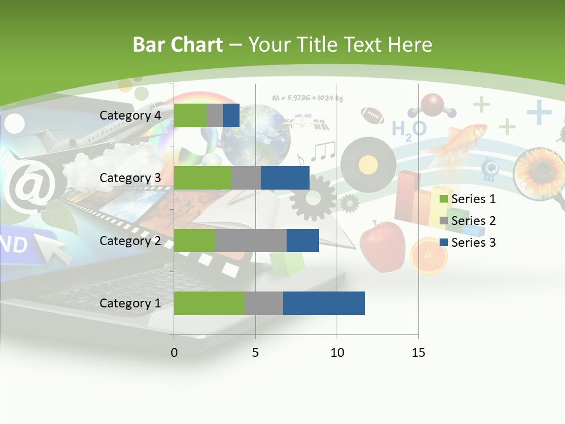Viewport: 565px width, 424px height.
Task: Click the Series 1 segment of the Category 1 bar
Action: point(209,303)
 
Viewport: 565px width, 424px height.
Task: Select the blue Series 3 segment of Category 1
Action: point(324,303)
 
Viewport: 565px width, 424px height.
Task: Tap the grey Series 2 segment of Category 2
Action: point(251,240)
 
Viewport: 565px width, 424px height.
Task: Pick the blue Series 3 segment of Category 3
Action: point(285,178)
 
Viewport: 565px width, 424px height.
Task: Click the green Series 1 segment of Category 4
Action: point(190,115)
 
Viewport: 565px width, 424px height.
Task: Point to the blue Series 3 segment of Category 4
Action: point(231,115)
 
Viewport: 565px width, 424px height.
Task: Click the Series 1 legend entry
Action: point(468,199)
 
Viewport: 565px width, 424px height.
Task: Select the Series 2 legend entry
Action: point(468,221)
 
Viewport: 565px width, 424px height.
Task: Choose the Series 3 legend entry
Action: point(468,243)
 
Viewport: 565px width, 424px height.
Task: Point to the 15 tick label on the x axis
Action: point(418,353)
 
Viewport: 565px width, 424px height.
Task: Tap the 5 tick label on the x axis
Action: point(255,353)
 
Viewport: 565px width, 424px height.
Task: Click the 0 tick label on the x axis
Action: point(174,353)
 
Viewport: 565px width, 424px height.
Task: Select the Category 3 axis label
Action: point(130,178)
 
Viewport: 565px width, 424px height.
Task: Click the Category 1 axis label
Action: point(130,303)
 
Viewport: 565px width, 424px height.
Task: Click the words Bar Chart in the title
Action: point(177,45)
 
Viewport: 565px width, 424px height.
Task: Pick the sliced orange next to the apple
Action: point(429,256)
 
